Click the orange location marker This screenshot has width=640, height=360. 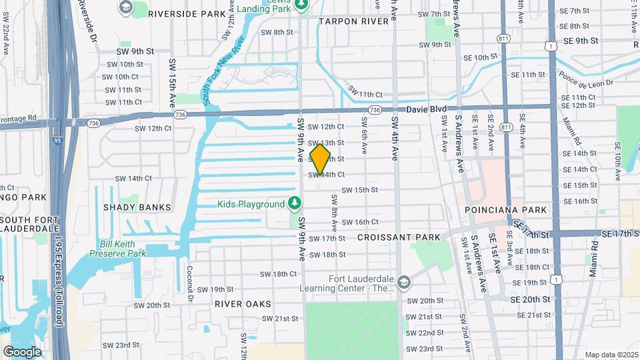pyautogui.click(x=320, y=159)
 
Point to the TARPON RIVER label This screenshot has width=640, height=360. pyautogui.click(x=353, y=21)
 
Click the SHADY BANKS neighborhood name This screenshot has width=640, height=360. pyautogui.click(x=137, y=207)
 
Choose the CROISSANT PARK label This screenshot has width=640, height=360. pyautogui.click(x=399, y=237)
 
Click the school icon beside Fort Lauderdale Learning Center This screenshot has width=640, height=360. pyautogui.click(x=403, y=283)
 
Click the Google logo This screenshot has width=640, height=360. pyautogui.click(x=22, y=351)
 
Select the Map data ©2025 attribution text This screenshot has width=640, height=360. pyautogui.click(x=611, y=355)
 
